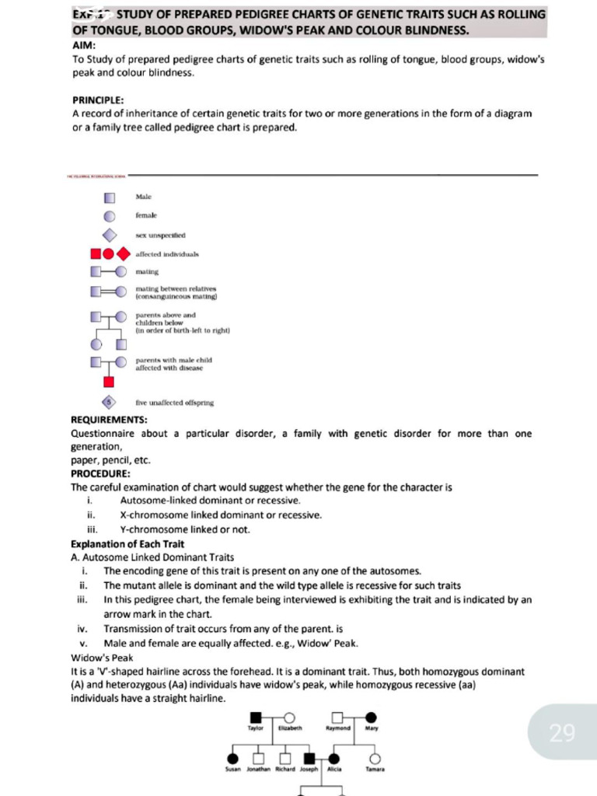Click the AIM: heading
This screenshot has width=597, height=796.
point(83,46)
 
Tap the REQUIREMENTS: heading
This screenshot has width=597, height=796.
point(109,420)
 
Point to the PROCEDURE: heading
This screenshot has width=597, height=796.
point(101,473)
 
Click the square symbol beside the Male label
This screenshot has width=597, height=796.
point(110,197)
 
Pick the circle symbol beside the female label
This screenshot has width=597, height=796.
point(110,216)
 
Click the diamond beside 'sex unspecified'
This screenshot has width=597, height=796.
point(110,235)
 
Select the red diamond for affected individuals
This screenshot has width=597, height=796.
point(123,253)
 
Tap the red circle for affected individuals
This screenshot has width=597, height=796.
point(109,253)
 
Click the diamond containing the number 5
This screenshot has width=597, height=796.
point(110,402)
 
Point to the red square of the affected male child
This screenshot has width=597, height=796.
point(109,381)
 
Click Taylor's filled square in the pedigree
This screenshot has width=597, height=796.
point(256,717)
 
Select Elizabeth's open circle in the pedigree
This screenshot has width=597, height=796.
point(289,717)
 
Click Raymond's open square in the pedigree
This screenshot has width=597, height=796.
point(337,717)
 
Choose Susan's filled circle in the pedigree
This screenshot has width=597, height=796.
point(232,758)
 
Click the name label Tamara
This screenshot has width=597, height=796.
point(375,770)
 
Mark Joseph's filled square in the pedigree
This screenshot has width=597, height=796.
point(309,758)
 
